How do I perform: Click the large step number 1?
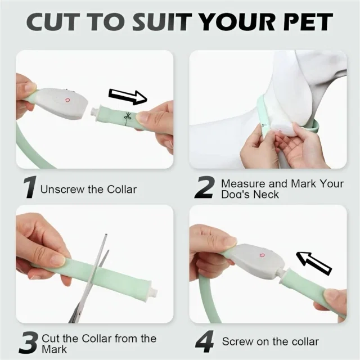coord(30,187)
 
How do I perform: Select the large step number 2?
coord(205,188)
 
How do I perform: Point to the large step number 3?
coord(29,343)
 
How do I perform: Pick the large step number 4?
coord(205,341)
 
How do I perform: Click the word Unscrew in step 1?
coord(62,190)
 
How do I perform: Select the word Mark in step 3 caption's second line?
coord(55,349)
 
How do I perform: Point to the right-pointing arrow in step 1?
coord(128,96)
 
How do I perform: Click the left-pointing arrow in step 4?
coord(314,263)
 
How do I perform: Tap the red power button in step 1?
coord(67,100)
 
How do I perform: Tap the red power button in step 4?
coord(262,255)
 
